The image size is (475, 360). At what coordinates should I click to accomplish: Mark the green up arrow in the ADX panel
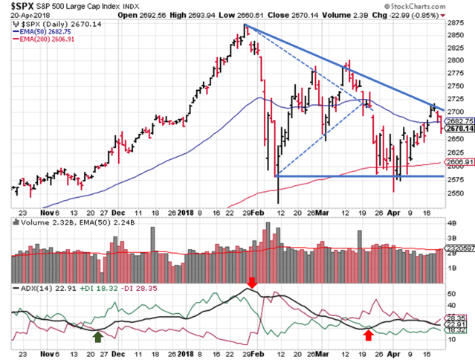click(x=97, y=335)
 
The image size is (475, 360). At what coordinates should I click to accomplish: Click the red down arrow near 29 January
click(x=252, y=282)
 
